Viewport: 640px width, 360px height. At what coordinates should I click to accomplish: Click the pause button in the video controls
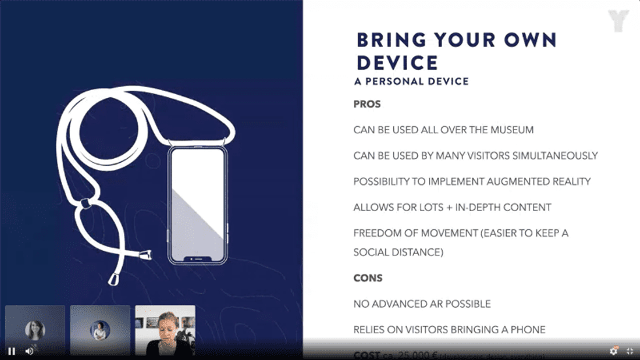click(x=12, y=351)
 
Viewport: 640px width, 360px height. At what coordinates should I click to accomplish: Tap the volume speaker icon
click(x=29, y=351)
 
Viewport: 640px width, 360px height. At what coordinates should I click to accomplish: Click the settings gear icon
click(x=614, y=351)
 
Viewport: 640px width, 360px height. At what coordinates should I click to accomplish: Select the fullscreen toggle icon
click(x=630, y=351)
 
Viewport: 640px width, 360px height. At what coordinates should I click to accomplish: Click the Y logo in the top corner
click(x=617, y=20)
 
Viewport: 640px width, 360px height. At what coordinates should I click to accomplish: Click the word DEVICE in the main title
click(x=397, y=63)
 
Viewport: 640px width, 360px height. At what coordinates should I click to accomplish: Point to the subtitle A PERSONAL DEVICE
click(x=411, y=82)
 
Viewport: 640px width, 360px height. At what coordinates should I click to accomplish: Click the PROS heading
click(x=367, y=104)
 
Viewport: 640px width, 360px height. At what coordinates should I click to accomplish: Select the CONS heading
click(x=368, y=278)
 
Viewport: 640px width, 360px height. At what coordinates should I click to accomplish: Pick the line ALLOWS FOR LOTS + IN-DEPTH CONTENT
click(x=452, y=207)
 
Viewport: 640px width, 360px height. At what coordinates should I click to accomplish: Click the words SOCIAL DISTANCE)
click(x=398, y=252)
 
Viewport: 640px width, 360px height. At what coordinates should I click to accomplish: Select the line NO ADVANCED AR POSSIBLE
click(x=422, y=304)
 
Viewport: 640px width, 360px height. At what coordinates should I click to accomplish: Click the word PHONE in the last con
click(x=526, y=330)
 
